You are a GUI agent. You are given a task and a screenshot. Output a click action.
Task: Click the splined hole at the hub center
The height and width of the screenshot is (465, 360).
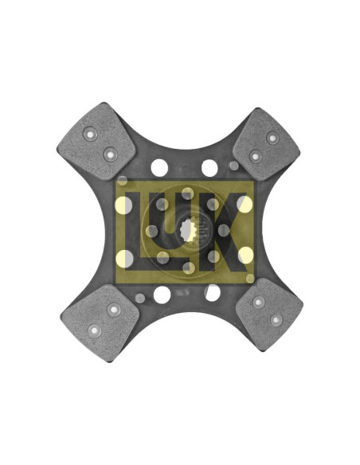click(188, 230)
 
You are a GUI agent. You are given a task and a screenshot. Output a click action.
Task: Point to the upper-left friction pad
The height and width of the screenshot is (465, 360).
click(96, 142)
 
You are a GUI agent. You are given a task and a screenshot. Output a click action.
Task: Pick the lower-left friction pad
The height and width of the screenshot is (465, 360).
click(100, 322)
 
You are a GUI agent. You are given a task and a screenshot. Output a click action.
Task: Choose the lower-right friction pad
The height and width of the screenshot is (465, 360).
click(269, 315)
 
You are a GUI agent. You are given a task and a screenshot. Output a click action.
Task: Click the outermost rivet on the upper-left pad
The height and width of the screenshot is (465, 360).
click(90, 135)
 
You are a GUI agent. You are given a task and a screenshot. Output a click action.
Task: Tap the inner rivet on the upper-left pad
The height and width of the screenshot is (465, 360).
click(111, 154)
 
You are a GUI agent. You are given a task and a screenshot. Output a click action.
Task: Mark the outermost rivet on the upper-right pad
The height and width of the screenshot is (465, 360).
click(272, 138)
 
